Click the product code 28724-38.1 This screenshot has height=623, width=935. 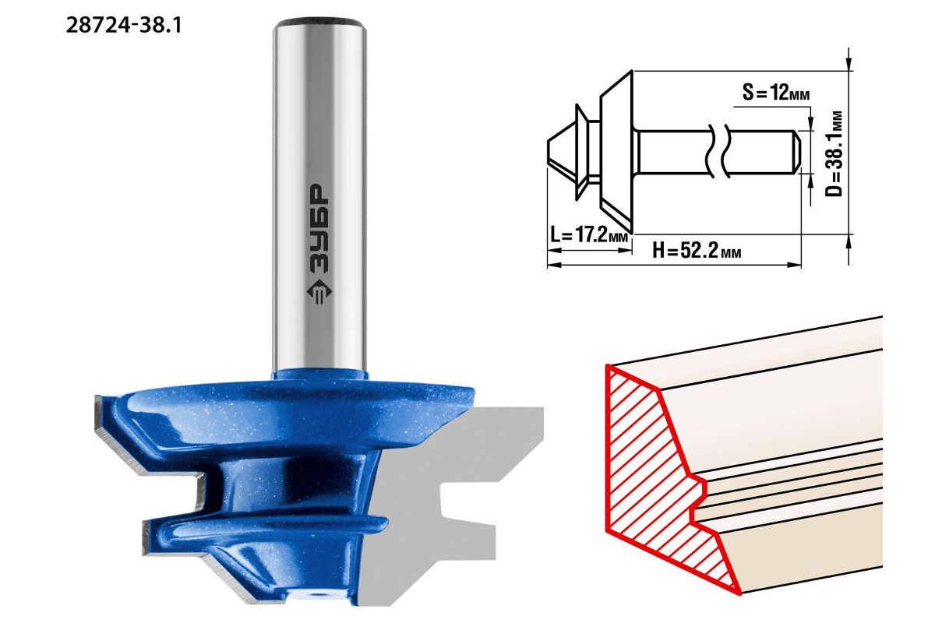click(124, 26)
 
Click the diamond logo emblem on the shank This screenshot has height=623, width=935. click(319, 293)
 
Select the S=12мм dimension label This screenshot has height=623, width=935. click(776, 93)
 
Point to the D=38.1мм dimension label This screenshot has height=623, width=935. click(834, 153)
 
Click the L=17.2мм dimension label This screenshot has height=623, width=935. click(589, 235)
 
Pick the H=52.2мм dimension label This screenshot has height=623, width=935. click(697, 251)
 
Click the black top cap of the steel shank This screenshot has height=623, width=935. click(320, 23)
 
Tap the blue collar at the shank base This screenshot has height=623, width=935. click(320, 374)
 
